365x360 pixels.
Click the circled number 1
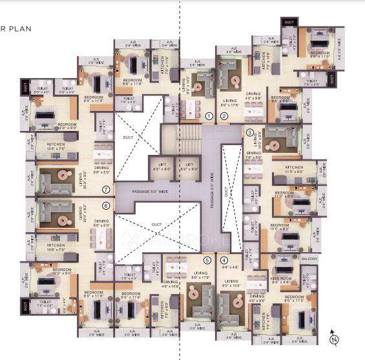coord(209,117)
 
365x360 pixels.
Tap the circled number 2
coord(224,117)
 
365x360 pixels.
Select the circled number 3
coord(250,133)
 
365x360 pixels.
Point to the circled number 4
coord(224,260)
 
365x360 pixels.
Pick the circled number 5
coord(207,261)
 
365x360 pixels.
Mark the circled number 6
coord(107,206)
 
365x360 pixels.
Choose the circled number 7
coord(107,189)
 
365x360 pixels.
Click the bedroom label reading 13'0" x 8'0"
coord(282,226)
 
